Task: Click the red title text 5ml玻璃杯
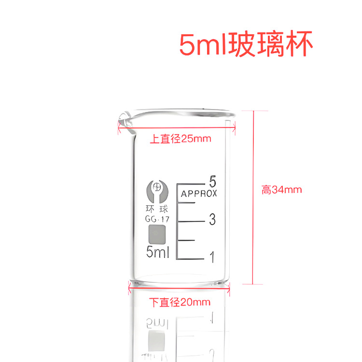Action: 247,45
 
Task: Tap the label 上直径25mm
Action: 181,139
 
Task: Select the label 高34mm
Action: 282,190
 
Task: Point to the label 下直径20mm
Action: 180,303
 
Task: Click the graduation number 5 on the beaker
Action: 212,182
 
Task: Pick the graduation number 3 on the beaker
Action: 212,221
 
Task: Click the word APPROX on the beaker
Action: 199,194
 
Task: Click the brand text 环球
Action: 157,209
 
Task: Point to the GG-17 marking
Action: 157,220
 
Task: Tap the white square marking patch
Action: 157,235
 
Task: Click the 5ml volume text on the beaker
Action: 157,252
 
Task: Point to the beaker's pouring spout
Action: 124,120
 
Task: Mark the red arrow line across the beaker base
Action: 179,291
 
